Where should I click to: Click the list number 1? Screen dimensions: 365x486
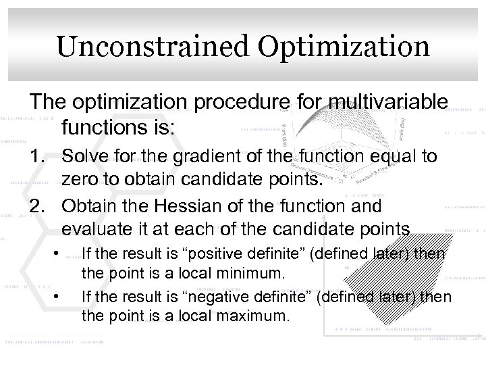click(x=37, y=155)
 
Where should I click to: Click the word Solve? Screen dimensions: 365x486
click(x=84, y=155)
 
